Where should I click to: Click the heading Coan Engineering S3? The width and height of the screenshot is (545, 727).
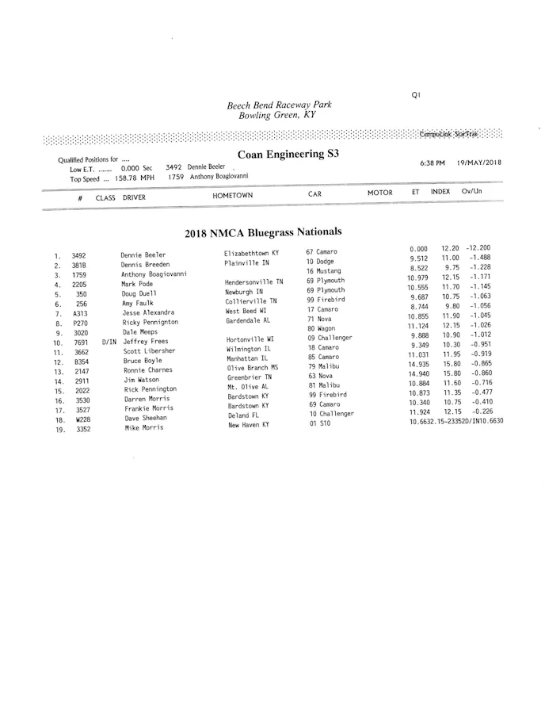[288, 154]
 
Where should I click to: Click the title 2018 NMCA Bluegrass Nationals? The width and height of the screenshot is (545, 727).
[263, 232]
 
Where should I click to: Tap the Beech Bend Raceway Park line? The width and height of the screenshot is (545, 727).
[279, 105]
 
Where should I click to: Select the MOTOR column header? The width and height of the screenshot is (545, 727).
[379, 193]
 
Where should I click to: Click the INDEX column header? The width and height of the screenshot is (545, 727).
[440, 192]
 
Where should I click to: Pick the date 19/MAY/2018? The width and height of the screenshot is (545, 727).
[479, 162]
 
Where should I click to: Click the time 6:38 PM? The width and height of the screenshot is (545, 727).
[432, 163]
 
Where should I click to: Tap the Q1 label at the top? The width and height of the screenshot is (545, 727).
[416, 94]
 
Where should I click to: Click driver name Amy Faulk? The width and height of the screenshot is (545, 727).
[137, 303]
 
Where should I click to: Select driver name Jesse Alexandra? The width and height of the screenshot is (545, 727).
[147, 312]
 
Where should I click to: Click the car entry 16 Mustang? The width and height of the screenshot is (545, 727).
[323, 271]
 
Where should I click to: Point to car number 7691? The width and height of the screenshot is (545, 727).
[81, 342]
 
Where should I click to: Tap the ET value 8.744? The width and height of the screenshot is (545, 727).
[419, 307]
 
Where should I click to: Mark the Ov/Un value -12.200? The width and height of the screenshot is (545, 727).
[478, 248]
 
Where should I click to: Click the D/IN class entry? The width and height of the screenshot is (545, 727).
[109, 342]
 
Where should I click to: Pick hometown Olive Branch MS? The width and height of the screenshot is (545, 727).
[253, 368]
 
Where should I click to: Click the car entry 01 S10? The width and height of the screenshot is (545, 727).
[319, 423]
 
